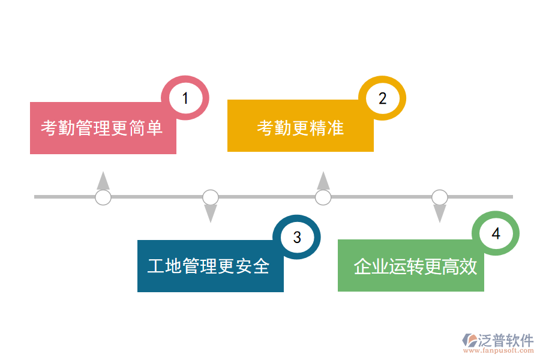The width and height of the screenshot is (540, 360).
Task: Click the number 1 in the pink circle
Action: pos(185,98)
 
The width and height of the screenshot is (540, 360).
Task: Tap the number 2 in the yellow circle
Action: pos(382,98)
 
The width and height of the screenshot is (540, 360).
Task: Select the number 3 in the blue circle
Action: pos(297,237)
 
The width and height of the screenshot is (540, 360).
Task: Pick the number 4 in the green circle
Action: pos(496,234)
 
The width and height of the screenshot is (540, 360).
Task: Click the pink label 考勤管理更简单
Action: pos(102,128)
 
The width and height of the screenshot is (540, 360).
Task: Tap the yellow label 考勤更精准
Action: pos(300,127)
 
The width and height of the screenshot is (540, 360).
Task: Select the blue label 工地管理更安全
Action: pos(209,266)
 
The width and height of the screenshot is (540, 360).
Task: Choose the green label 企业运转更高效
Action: pos(415,266)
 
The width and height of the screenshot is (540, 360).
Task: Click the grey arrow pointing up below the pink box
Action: pos(103,181)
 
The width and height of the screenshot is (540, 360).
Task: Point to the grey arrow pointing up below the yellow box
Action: pos(323,181)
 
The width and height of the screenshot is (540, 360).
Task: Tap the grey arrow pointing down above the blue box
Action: pos(211,213)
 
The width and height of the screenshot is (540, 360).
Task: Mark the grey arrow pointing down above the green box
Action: pos(440,213)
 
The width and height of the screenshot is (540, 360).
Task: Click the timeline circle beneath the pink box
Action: pos(103,197)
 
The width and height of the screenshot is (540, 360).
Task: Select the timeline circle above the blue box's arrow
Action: pos(211,197)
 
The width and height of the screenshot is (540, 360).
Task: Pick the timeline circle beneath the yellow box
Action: pos(323,197)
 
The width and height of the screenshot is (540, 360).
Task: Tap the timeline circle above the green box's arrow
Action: pos(440,197)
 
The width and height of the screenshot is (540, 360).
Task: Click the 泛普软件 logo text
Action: pos(506,340)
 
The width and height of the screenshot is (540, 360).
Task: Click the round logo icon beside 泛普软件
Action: pos(469,340)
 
